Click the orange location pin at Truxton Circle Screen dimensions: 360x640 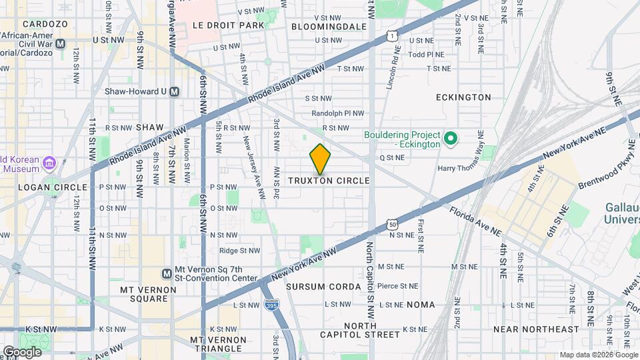click(321, 159)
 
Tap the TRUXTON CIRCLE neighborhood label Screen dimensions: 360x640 click(329, 181)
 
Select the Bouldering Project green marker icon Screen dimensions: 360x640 click(450, 139)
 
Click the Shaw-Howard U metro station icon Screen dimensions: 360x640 click(175, 92)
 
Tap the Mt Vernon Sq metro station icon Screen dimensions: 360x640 click(167, 273)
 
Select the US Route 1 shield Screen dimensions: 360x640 click(395, 35)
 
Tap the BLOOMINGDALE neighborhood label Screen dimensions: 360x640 click(329, 26)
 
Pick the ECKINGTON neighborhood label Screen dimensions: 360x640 click(463, 97)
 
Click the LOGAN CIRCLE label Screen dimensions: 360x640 click(43, 187)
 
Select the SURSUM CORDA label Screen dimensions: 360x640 click(323, 286)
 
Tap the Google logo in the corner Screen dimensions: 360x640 click(21, 351)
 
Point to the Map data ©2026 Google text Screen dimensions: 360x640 click(597, 355)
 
